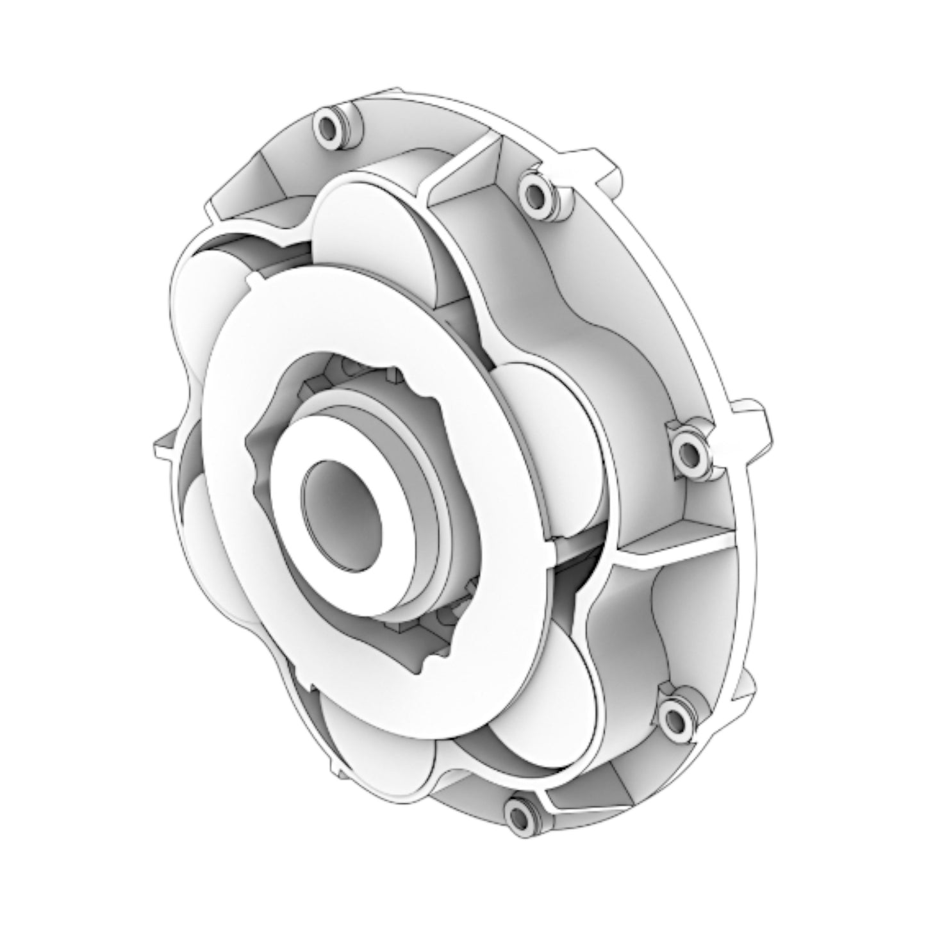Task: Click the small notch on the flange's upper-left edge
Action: tap(254, 279)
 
